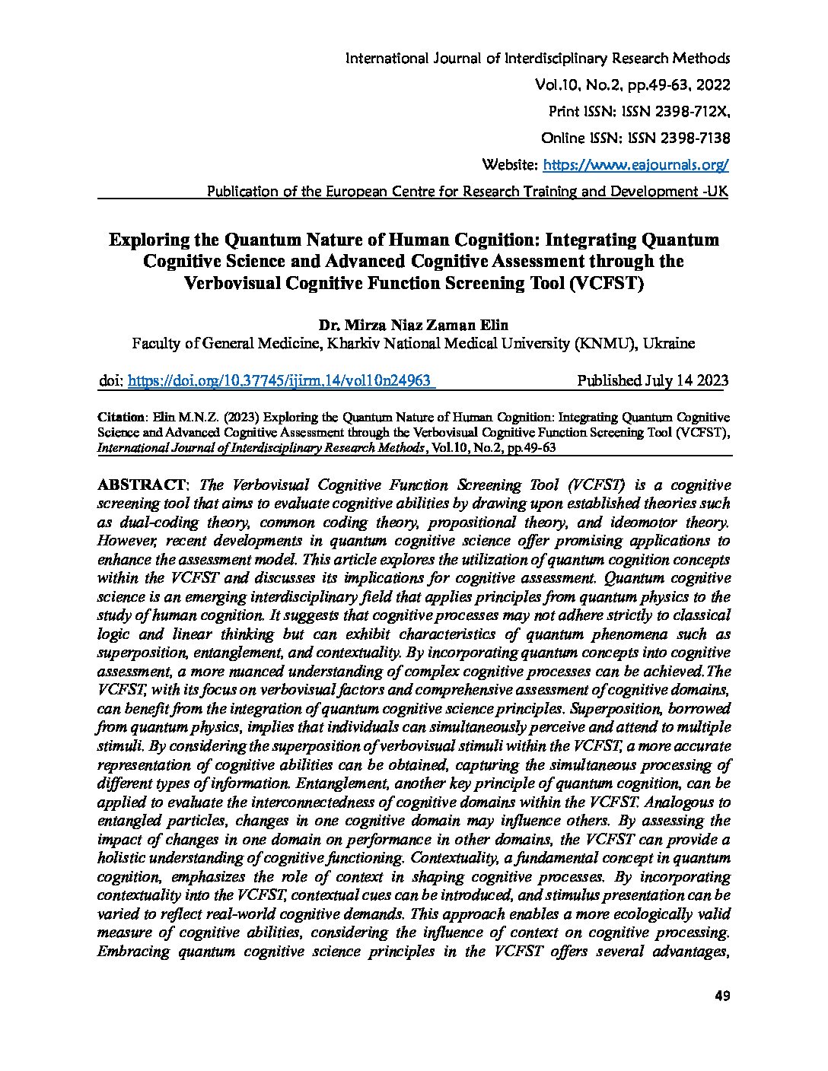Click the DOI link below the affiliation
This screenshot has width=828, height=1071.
pyautogui.click(x=280, y=380)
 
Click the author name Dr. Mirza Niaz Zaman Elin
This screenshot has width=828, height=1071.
pyautogui.click(x=413, y=324)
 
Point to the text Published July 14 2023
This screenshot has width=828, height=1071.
pyautogui.click(x=652, y=380)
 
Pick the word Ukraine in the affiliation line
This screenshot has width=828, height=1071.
pyautogui.click(x=668, y=343)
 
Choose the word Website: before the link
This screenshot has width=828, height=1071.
pyautogui.click(x=511, y=164)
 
